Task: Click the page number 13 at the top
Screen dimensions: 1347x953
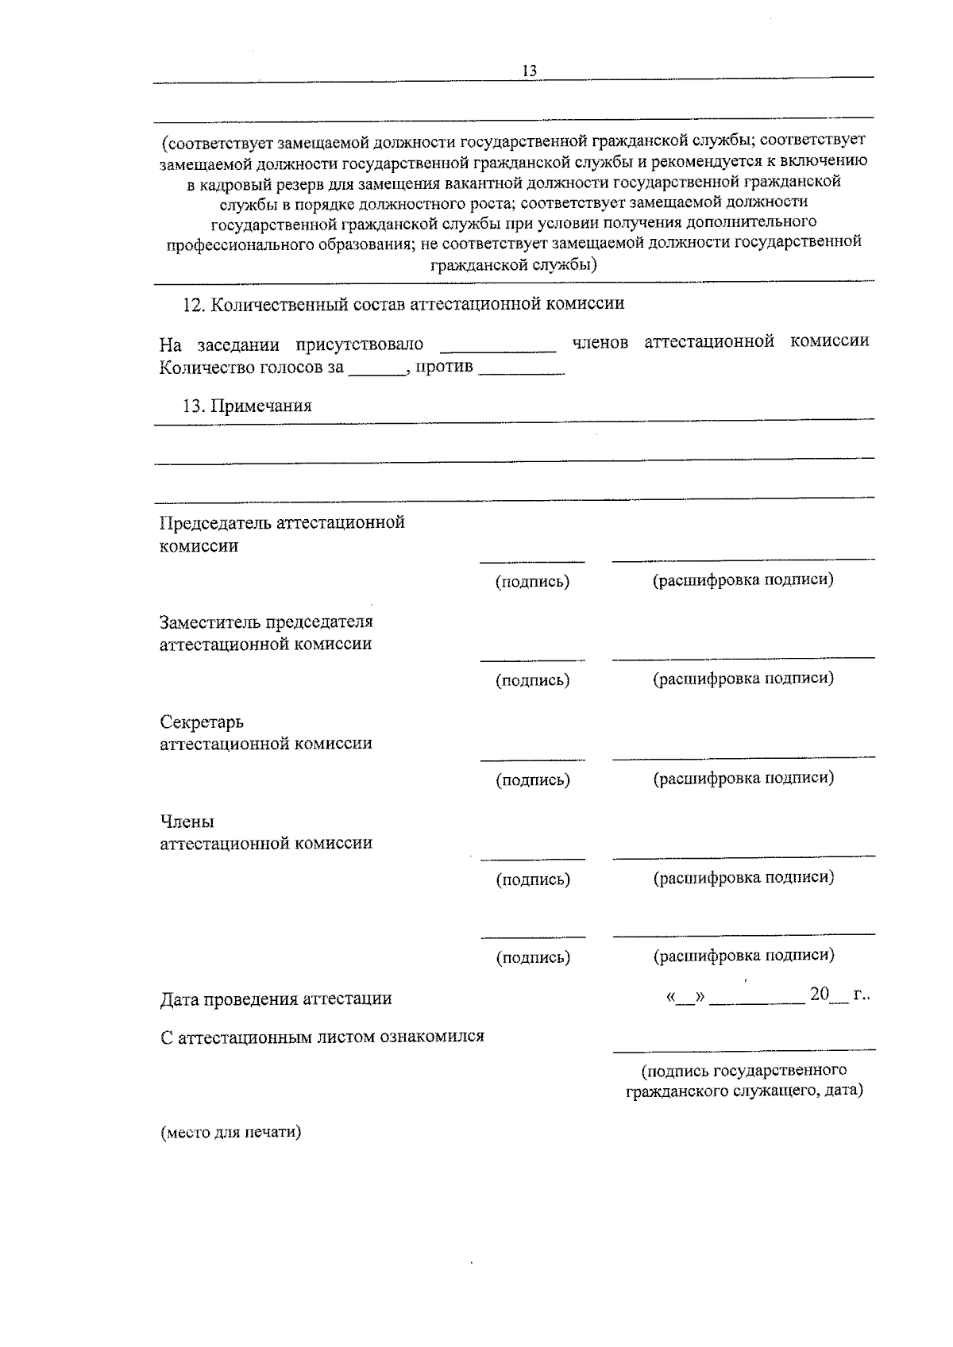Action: [x=530, y=71]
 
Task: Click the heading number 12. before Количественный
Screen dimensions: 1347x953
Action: [x=195, y=305]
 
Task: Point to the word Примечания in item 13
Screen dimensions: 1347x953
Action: [x=261, y=406]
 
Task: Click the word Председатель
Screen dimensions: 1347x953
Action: [x=216, y=523]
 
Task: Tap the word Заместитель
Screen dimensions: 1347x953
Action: [x=210, y=622]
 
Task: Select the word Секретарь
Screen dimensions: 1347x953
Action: [x=202, y=722]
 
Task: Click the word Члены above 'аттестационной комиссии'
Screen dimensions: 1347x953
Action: [x=187, y=822]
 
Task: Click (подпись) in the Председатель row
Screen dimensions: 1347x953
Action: [x=532, y=582]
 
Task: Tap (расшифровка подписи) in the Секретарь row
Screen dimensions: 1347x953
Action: [x=743, y=778]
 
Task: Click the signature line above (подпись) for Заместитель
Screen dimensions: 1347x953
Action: [x=532, y=660]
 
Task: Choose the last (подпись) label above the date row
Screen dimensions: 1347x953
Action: [x=532, y=957]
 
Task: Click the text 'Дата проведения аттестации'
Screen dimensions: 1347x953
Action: [x=276, y=999]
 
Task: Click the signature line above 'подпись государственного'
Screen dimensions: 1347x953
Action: [x=743, y=1049]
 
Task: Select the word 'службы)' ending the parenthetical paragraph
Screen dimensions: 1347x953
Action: [x=568, y=265]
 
